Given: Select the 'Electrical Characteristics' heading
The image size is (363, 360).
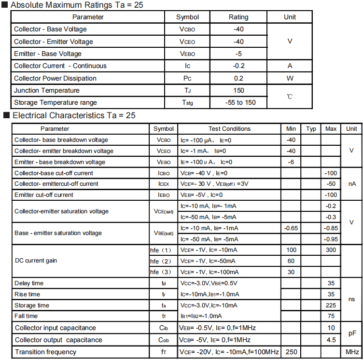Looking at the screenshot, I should [73, 116].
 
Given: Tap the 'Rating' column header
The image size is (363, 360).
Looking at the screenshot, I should [238, 17].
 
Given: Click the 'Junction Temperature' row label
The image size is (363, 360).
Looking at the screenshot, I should [47, 90].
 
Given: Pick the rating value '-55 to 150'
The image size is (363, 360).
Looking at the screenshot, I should [240, 102].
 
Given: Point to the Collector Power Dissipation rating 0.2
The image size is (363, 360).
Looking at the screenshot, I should [238, 78].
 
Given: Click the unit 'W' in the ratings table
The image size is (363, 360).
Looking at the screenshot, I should [290, 78].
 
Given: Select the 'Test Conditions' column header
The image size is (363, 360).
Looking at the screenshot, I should [229, 129].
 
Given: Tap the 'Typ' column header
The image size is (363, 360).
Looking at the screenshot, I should [311, 129].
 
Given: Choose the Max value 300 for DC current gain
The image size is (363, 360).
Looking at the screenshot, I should [331, 250].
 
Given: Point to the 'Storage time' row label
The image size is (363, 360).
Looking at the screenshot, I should [32, 305].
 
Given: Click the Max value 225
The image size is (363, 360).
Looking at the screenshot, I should [331, 305].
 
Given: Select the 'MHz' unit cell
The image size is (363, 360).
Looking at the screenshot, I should [351, 352].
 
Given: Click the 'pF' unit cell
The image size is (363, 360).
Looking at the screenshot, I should [351, 333].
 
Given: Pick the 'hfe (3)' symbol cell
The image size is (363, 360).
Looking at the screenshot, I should [161, 272].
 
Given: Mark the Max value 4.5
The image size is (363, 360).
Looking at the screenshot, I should [331, 340].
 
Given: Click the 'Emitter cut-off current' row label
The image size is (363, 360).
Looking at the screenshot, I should [44, 195].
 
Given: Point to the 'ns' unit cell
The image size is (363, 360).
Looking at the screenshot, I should [351, 299].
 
